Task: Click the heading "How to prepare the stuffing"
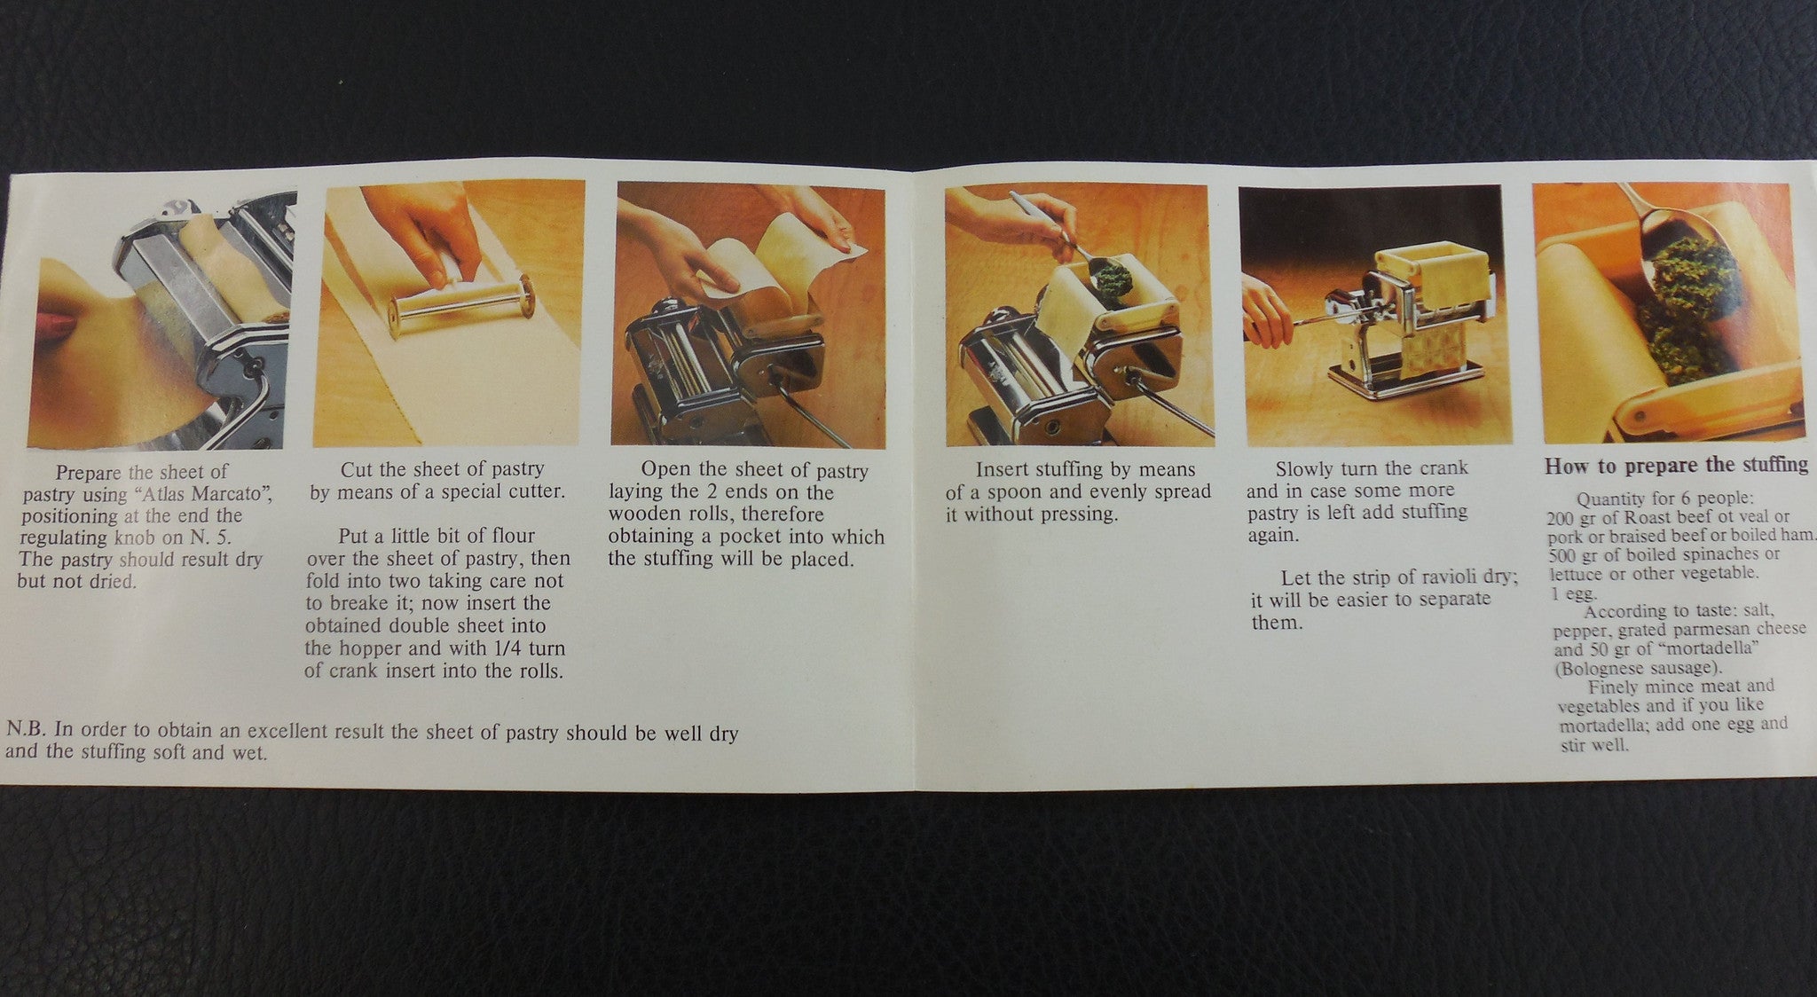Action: click(x=1675, y=465)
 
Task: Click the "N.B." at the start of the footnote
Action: click(x=27, y=732)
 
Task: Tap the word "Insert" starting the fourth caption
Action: click(x=1005, y=470)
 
